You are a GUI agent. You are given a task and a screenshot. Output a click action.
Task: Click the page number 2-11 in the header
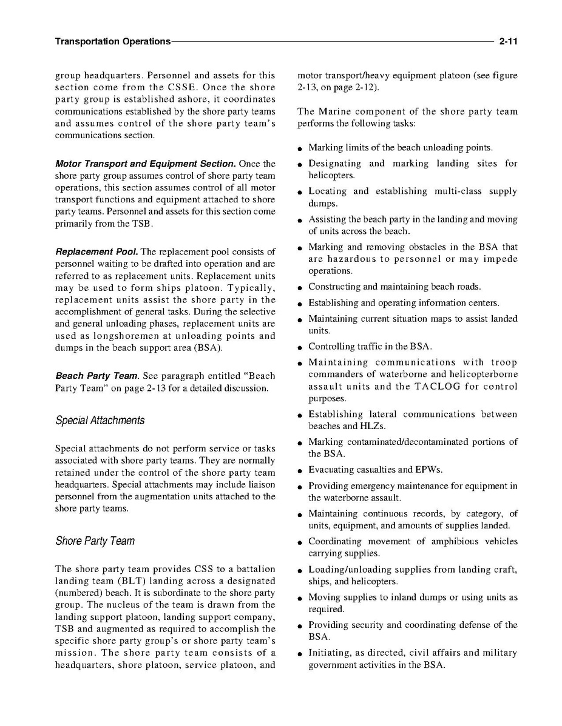pyautogui.click(x=507, y=42)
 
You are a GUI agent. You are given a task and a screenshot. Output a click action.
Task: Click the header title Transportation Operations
pyautogui.click(x=112, y=42)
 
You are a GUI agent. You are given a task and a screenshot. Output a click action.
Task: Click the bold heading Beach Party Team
pyautogui.click(x=95, y=376)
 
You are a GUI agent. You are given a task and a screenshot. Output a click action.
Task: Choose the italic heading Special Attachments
pyautogui.click(x=100, y=420)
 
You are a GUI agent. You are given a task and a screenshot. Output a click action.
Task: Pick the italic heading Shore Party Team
pyautogui.click(x=95, y=541)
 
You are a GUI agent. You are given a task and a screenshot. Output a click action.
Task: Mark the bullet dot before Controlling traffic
pyautogui.click(x=300, y=347)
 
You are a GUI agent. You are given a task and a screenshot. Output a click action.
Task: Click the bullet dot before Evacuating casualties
pyautogui.click(x=300, y=470)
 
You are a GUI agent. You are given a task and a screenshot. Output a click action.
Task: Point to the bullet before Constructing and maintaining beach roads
pyautogui.click(x=300, y=287)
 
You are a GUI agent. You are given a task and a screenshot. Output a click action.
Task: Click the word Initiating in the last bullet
pyautogui.click(x=328, y=653)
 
